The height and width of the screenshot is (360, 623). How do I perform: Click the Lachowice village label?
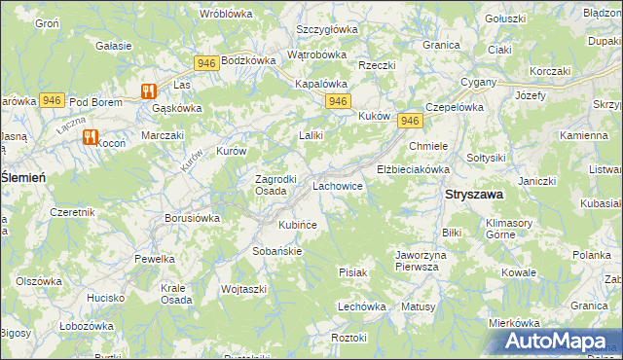(x=337, y=185)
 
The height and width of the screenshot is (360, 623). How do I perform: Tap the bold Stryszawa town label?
(x=474, y=195)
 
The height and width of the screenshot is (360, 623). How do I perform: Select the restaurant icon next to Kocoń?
(x=91, y=137)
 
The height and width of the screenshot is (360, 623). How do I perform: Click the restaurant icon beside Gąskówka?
(x=148, y=90)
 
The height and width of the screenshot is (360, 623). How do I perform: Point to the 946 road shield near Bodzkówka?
(x=205, y=63)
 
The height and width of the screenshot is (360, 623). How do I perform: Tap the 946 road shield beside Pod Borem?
(x=53, y=100)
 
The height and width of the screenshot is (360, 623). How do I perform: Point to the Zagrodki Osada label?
(x=257, y=185)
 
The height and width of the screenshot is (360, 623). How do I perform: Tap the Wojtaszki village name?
(x=244, y=289)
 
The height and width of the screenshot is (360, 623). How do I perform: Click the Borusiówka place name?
(x=192, y=218)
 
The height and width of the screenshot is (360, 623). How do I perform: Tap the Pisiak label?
(x=352, y=272)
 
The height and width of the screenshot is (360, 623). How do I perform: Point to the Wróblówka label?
(x=226, y=14)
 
